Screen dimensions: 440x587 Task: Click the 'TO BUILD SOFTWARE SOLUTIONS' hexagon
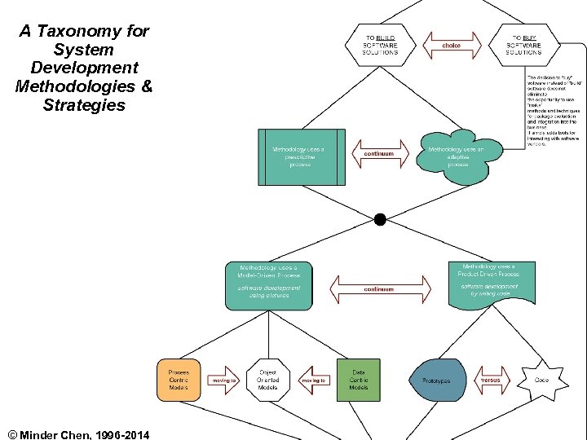pos(381,45)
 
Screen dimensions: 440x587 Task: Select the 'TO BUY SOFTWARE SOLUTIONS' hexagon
pos(523,45)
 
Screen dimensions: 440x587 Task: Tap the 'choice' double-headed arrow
pos(451,46)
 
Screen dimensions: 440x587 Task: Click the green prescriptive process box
pos(302,156)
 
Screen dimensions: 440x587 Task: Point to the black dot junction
pos(379,219)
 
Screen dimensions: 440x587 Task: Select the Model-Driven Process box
pos(269,285)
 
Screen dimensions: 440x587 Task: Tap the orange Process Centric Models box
pos(179,380)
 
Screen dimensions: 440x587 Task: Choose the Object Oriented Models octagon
pos(268,380)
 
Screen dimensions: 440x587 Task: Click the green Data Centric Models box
pos(358,380)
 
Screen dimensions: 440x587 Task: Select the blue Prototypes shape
pos(442,381)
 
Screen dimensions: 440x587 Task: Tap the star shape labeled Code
pos(541,380)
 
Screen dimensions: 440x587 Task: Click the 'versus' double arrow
pos(491,381)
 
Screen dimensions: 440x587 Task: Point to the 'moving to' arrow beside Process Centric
pos(223,381)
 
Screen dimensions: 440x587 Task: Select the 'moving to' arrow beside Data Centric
pos(314,381)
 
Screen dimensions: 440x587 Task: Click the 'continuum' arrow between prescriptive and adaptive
pos(379,153)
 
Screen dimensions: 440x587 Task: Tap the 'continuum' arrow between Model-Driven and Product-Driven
pos(379,288)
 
